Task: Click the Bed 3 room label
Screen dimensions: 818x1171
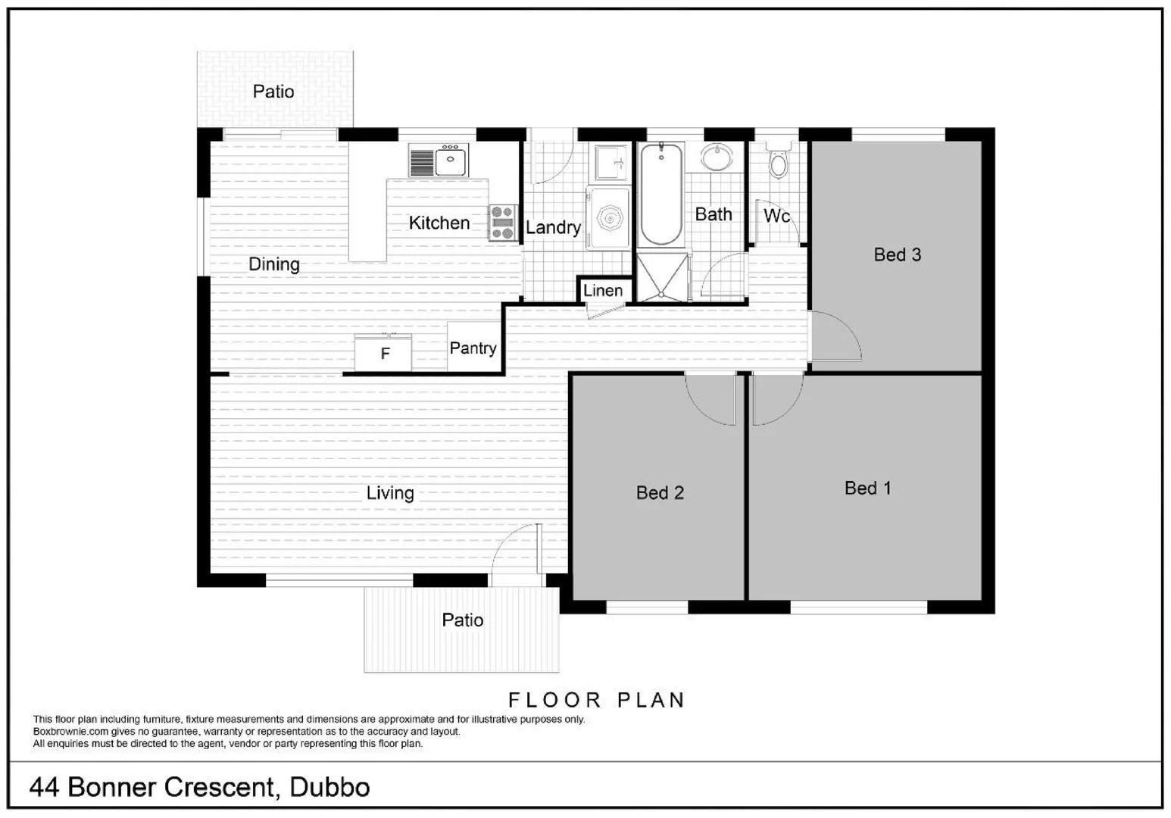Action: point(897,254)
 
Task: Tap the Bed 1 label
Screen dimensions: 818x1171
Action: point(867,488)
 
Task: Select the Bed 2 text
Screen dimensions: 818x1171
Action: point(660,493)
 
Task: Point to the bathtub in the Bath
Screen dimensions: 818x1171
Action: point(661,195)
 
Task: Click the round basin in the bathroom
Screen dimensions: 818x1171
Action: point(716,158)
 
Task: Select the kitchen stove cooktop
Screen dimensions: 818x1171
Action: point(502,223)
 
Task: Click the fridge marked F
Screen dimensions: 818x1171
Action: point(384,354)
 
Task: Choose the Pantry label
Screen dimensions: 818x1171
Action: point(473,348)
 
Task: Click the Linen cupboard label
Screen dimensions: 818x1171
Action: point(603,290)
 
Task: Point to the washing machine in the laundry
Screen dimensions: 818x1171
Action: point(610,219)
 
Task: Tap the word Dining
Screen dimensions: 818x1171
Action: point(273,264)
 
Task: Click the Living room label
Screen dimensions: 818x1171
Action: point(390,493)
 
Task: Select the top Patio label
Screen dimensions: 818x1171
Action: point(273,92)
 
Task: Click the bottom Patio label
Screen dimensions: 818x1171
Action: point(462,620)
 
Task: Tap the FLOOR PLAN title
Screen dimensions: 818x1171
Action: point(596,700)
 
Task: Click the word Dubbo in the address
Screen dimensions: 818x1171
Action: point(329,788)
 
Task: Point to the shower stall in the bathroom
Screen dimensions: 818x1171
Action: point(663,277)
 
